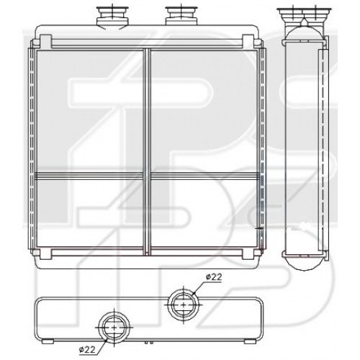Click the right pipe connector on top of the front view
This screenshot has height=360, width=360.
176,14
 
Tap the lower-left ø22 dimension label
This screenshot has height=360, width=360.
86,350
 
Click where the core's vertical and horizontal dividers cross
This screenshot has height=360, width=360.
147,176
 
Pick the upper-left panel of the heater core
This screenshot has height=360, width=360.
90,112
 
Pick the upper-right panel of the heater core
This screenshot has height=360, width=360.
202,112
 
